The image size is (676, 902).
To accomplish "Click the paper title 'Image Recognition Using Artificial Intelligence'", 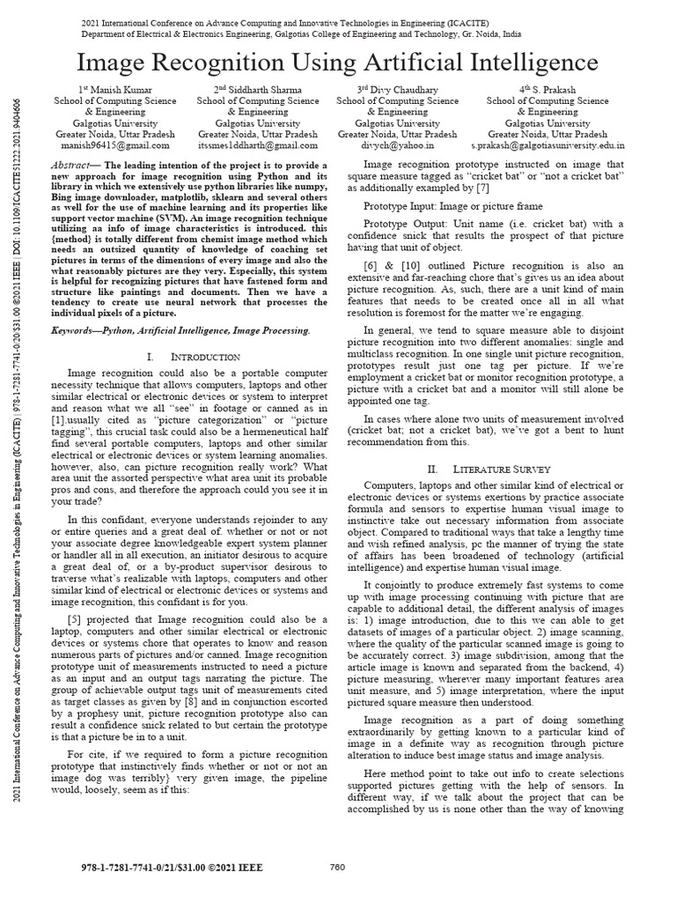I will [338, 63].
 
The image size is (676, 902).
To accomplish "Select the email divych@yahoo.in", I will [396, 145].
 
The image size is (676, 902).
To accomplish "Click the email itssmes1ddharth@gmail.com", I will [257, 145].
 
